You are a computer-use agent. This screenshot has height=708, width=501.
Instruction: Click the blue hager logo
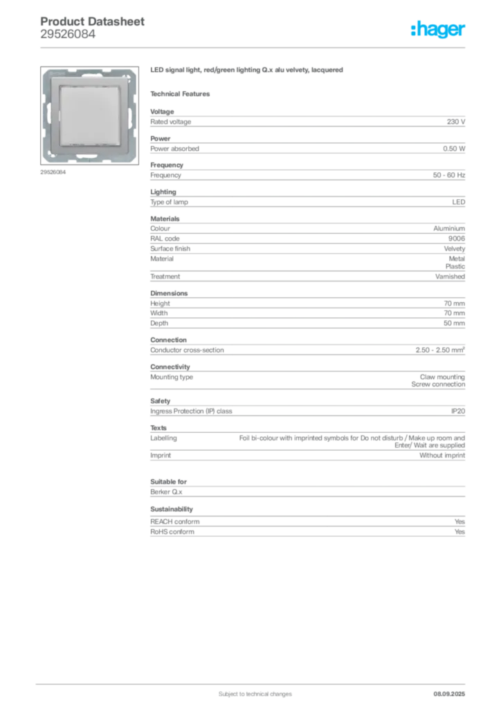tap(439, 30)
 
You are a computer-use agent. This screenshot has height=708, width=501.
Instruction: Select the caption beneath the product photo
tap(55, 173)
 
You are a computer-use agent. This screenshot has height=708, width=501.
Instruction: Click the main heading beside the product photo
tap(248, 71)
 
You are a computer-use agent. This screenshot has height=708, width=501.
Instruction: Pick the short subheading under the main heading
tap(183, 93)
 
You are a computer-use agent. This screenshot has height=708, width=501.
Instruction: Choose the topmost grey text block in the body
tap(307, 122)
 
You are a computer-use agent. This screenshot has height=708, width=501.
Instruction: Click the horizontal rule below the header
tap(255, 48)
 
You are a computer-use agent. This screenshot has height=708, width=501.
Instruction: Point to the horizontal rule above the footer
tap(255, 682)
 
